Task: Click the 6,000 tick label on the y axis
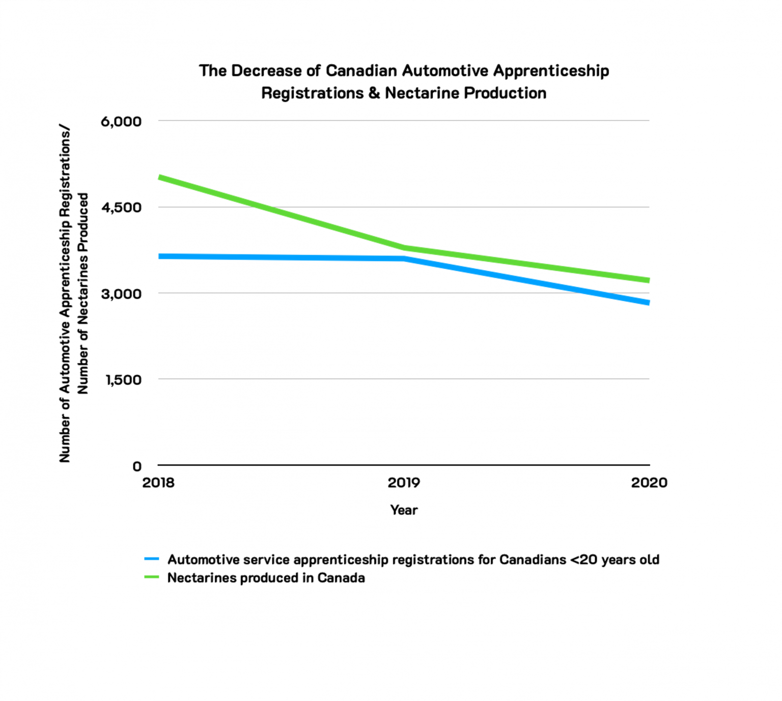121,122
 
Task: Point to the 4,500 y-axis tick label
121,208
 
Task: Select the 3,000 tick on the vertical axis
121,294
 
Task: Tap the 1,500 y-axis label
123,380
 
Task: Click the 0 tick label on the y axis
137,466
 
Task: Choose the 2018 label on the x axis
158,483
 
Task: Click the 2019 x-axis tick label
404,483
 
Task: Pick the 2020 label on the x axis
649,483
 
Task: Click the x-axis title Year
404,510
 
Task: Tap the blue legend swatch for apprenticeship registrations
152,559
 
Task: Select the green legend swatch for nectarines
152,577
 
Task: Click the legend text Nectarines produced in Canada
266,578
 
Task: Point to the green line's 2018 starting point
160,177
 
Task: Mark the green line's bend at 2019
404,248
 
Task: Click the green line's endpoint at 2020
649,280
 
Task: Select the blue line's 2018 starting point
160,256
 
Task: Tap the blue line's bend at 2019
404,259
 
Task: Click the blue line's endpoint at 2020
649,302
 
